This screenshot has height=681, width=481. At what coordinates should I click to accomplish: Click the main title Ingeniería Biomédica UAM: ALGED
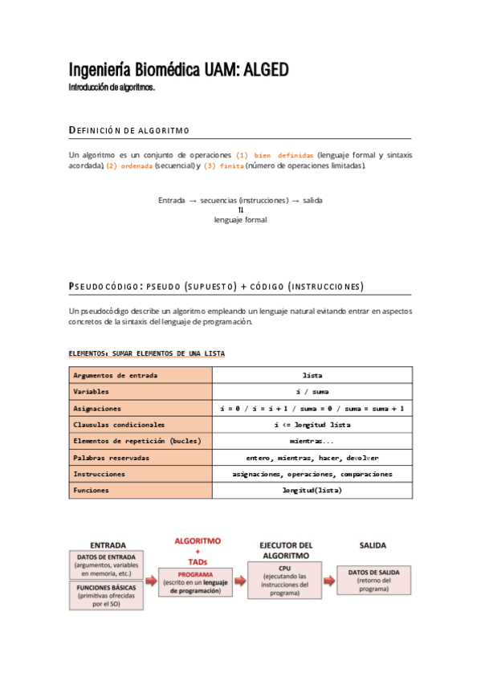tap(177, 71)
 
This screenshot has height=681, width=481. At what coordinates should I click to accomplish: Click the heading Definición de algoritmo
tap(129, 130)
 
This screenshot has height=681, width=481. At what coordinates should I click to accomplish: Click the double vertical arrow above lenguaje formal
tap(240, 210)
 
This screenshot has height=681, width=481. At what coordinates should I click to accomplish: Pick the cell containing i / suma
tap(312, 392)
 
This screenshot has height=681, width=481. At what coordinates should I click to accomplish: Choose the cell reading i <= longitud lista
tap(312, 424)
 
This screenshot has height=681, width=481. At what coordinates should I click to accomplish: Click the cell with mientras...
tap(312, 441)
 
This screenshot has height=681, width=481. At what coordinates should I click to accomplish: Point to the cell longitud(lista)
tap(312, 490)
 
